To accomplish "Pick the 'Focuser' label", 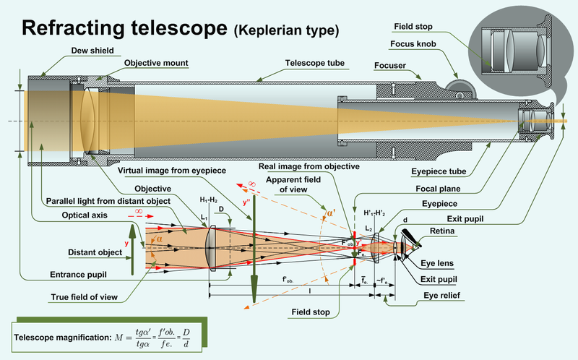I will tap(389, 73).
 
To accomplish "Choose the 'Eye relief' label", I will tap(444, 296).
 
